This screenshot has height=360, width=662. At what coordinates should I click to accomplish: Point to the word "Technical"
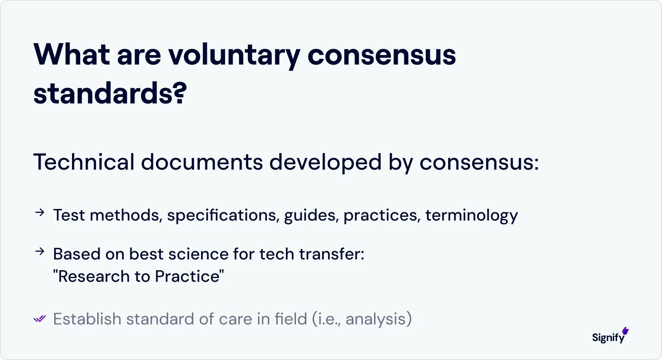(84, 162)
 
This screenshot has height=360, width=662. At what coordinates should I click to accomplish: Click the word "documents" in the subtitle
(201, 162)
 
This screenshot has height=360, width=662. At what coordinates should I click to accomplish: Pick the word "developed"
(325, 162)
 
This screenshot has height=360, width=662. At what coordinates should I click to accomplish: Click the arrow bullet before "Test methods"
(40, 213)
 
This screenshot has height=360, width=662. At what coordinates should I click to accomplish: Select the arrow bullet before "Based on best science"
(40, 252)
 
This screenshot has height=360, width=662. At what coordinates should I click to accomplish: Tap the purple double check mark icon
(40, 319)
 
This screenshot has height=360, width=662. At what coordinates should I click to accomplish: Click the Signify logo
(610, 336)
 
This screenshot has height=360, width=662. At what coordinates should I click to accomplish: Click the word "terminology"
(471, 215)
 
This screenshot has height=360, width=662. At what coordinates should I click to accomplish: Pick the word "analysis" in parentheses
(376, 319)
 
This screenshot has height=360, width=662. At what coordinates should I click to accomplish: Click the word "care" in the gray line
(235, 319)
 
